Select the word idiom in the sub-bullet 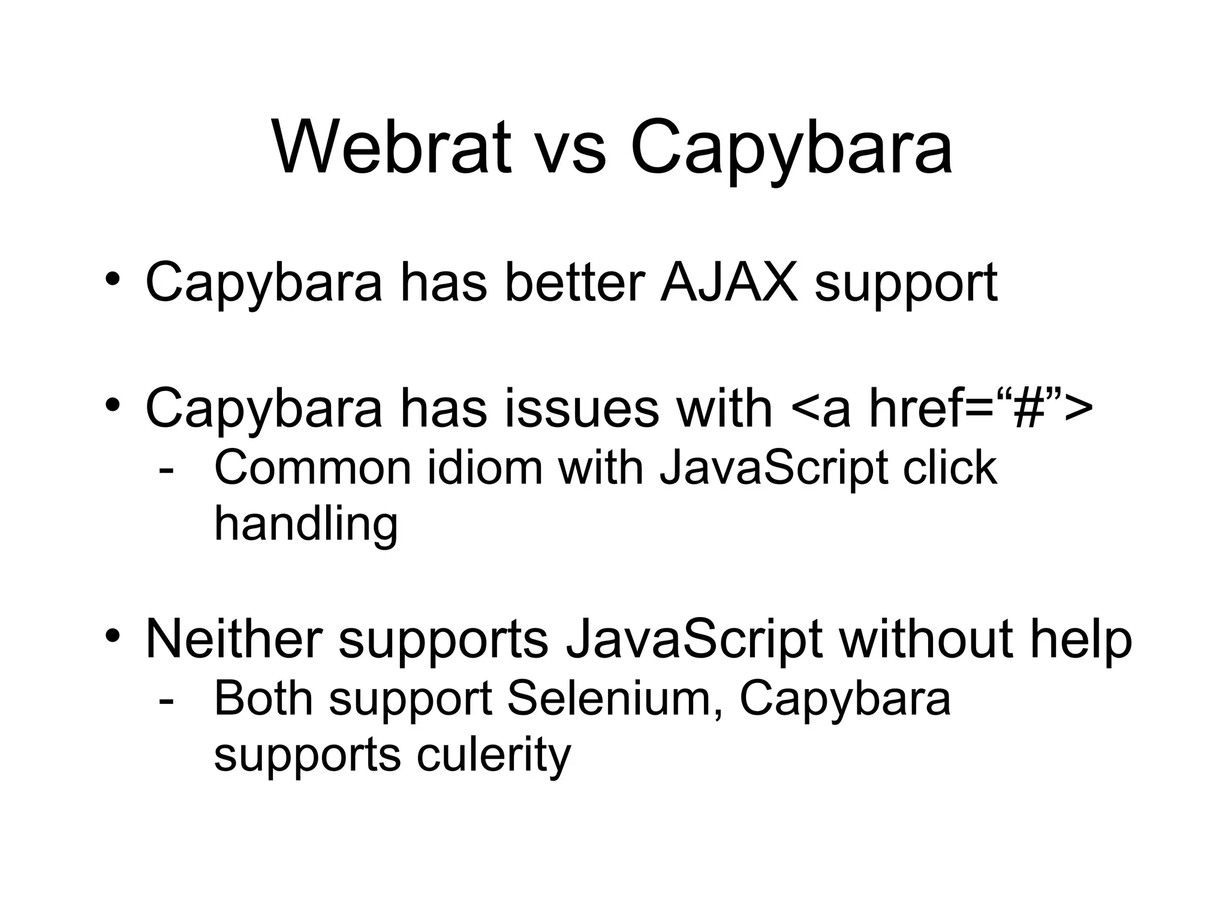[x=484, y=468]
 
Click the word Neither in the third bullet [x=234, y=639]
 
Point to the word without [x=926, y=639]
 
